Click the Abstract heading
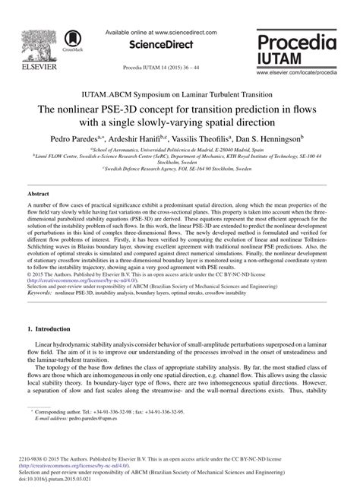(38, 194)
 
